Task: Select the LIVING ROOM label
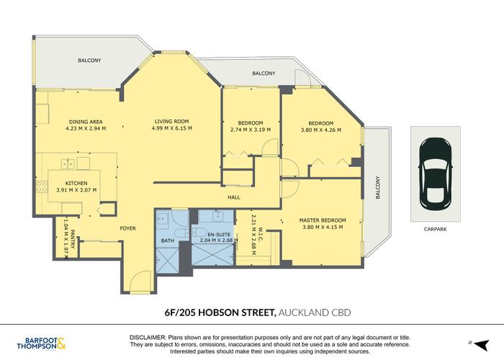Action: point(171,121)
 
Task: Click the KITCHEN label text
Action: point(76,183)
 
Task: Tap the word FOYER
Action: point(127,228)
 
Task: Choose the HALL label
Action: point(235,196)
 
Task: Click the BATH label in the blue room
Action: point(168,240)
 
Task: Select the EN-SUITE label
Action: point(217,234)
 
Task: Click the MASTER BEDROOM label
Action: point(323,220)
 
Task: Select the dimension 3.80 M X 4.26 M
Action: point(320,130)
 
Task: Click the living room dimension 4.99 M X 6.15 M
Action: point(171,129)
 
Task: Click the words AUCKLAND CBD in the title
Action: point(310,312)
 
